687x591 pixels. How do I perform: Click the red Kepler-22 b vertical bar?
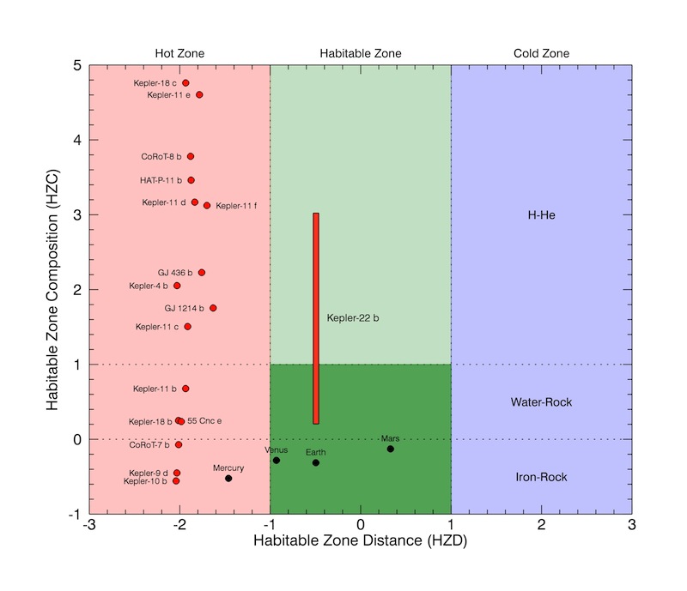click(316, 318)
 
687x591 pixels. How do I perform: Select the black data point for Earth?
click(316, 462)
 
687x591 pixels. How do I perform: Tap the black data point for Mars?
click(391, 449)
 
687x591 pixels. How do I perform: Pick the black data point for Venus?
click(277, 461)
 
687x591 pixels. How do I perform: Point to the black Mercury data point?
click(228, 478)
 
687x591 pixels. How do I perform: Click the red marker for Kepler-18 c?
click(185, 83)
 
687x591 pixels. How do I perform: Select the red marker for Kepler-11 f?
click(207, 206)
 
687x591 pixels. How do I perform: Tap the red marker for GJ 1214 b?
click(213, 308)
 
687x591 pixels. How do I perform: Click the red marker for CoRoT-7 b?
click(179, 444)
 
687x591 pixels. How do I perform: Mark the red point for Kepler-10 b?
click(176, 481)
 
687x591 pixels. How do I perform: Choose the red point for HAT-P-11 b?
click(191, 180)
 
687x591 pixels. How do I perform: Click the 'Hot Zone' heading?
click(179, 53)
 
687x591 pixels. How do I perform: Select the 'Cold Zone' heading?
click(541, 53)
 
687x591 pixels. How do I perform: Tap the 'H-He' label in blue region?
click(541, 214)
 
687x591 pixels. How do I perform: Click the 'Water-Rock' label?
click(541, 401)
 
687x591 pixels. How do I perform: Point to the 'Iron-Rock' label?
click(541, 477)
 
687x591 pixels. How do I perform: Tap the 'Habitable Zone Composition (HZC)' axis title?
click(53, 289)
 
